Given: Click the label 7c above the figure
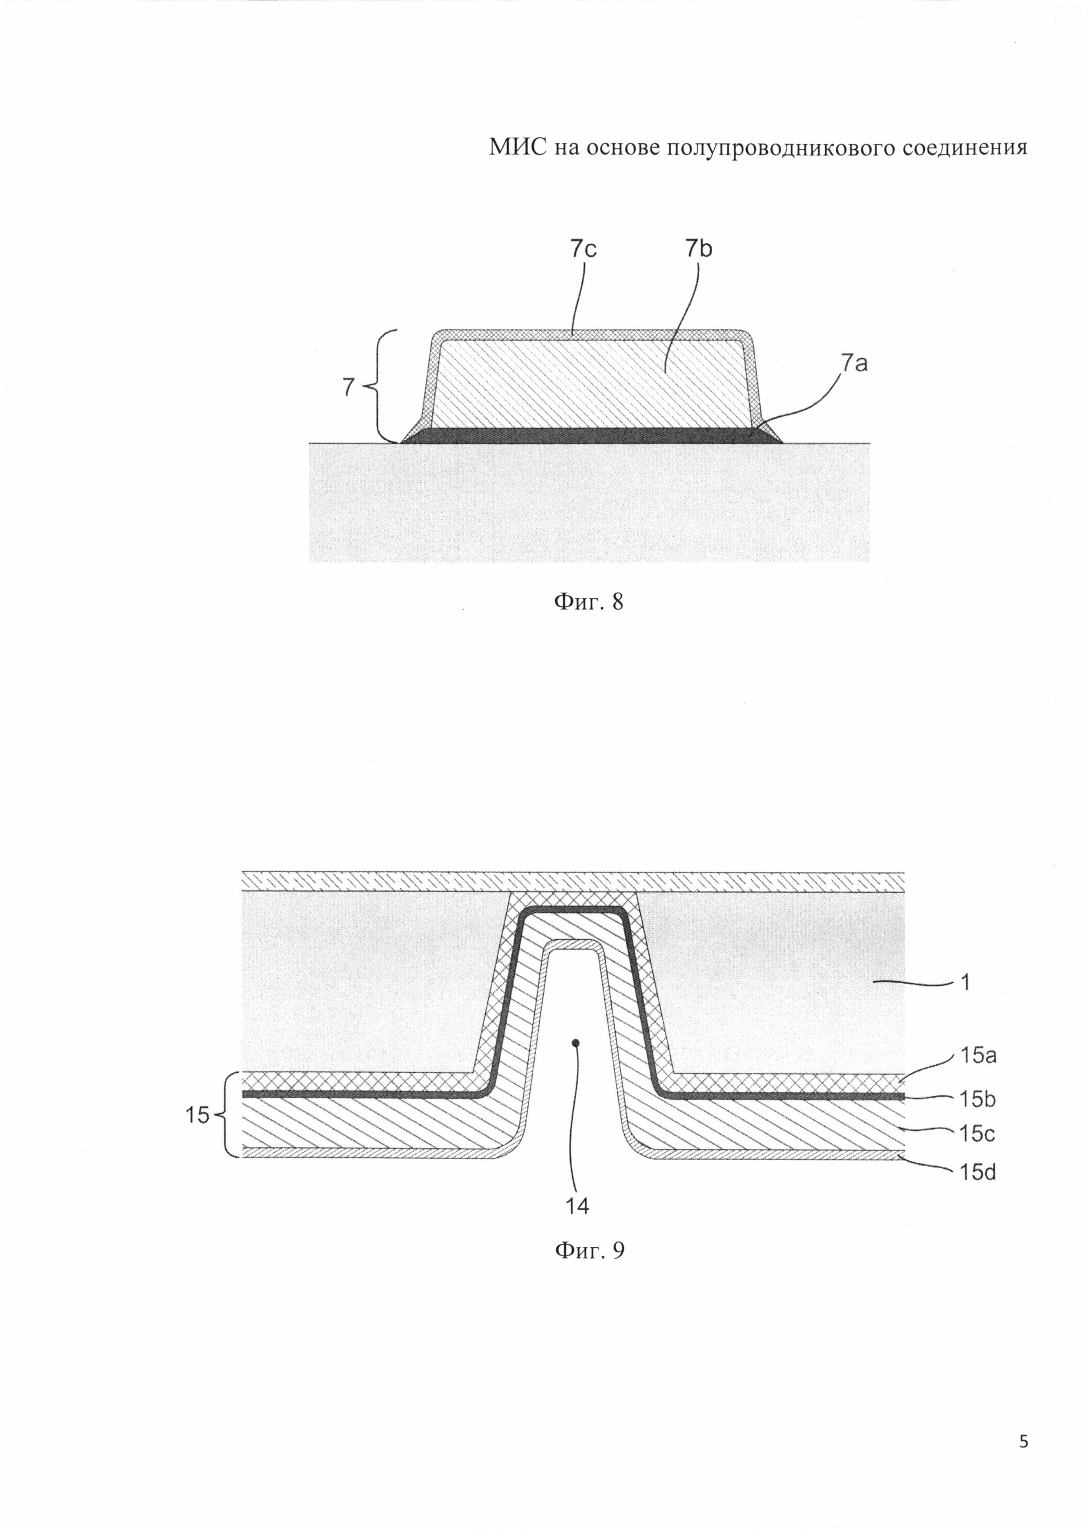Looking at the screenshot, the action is pos(583,249).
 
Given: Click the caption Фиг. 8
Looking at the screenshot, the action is pos(587,602).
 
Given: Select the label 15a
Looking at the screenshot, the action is pos(978,1056).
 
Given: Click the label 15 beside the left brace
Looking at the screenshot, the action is pos(197,1115).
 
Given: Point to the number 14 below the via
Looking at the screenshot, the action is pos(577,1206).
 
